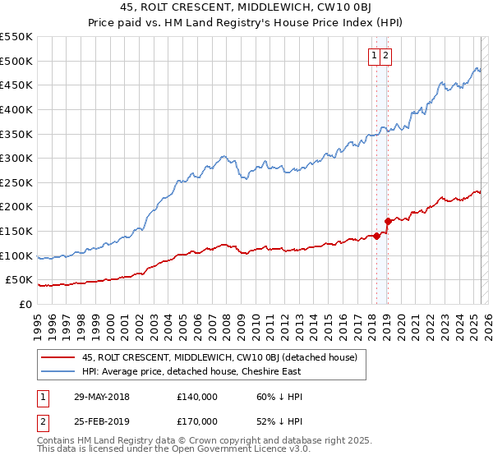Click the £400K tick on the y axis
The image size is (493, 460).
coord(16,109)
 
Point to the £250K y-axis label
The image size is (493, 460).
coord(16,182)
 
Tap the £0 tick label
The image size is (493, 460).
coord(25,305)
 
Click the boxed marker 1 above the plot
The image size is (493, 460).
coord(374,56)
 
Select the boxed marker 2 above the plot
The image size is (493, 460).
coord(385,56)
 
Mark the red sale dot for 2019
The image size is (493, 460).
coord(388,221)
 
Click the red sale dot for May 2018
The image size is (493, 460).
coord(376,236)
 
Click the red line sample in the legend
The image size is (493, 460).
coord(58,357)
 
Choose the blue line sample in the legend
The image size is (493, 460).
coord(58,371)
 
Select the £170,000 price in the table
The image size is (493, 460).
coord(197,421)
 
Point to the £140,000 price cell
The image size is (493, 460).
coord(197,397)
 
